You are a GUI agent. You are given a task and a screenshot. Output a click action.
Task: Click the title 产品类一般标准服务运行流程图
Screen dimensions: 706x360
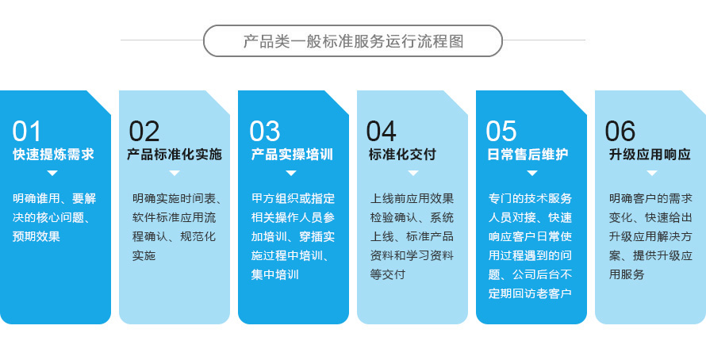pos(353,41)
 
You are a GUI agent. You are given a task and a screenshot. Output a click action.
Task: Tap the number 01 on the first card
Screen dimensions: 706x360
pos(26,132)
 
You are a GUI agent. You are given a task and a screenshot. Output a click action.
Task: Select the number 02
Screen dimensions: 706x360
pos(144,132)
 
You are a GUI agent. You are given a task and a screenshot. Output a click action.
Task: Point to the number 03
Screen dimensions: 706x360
pos(265,132)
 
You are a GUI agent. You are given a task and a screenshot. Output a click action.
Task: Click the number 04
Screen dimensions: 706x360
pos(381,132)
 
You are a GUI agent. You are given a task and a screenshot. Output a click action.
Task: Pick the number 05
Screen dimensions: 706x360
pos(501,132)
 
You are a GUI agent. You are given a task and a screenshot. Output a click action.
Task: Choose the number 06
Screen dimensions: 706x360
pos(620,132)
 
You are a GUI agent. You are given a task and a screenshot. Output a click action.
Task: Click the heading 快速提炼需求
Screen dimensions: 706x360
pos(53,155)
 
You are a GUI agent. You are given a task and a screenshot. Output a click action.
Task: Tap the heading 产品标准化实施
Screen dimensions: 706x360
pos(175,155)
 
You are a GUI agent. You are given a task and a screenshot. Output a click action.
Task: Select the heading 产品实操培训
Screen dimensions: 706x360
pos(292,155)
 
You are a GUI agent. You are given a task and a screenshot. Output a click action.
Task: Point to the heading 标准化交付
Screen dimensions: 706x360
pos(402,155)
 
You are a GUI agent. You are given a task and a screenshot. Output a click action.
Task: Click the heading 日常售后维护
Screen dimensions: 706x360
pos(528,155)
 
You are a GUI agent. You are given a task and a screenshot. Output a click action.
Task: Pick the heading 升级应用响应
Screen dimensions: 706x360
pos(650,155)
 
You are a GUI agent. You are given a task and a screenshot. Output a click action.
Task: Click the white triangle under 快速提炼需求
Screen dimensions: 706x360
pos(52,173)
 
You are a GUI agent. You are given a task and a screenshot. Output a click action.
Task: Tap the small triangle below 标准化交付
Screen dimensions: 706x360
pos(412,173)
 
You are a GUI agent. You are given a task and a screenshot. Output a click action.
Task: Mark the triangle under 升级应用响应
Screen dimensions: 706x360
pos(651,173)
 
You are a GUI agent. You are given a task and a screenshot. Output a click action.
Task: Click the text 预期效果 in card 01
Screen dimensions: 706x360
pos(36,237)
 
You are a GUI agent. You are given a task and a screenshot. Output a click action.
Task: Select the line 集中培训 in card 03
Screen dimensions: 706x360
pos(274,274)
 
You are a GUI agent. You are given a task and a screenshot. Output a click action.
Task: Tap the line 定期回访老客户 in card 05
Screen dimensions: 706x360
pos(530,293)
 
